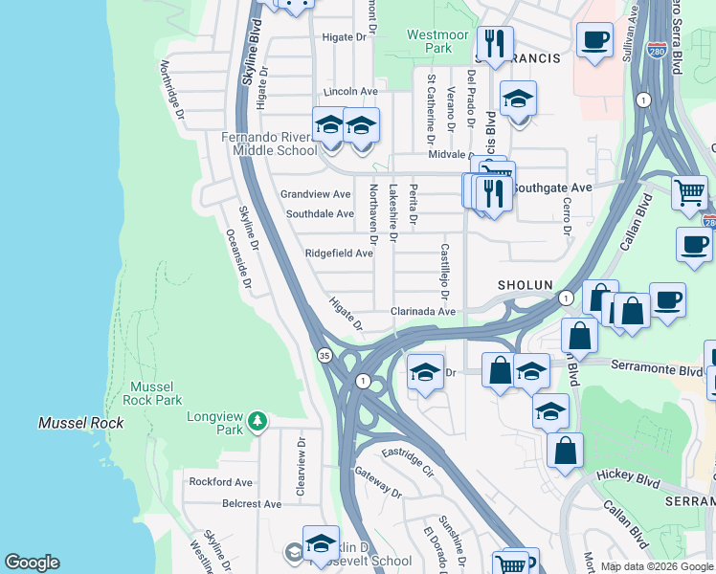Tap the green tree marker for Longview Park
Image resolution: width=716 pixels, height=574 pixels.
tap(256, 421)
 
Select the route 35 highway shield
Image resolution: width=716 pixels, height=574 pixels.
tap(324, 355)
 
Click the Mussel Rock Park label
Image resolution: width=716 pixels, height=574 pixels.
tap(156, 393)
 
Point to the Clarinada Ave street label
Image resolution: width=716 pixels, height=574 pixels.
tap(422, 312)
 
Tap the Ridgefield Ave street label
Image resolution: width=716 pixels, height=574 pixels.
tap(338, 254)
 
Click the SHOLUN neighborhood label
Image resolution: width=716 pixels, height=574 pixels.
tap(525, 286)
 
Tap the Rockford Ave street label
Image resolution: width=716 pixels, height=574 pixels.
tap(220, 482)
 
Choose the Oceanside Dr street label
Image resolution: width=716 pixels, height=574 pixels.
tap(238, 257)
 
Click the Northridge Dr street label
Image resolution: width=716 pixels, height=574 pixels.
tap(172, 91)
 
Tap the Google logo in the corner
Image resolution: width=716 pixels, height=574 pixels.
tap(32, 563)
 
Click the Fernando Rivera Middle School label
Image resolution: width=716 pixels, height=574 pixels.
tap(269, 143)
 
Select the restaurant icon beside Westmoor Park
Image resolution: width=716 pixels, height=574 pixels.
tap(495, 44)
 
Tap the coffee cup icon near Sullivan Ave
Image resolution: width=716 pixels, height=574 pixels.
tap(594, 41)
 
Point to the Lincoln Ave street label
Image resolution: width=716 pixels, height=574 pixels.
tap(351, 92)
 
